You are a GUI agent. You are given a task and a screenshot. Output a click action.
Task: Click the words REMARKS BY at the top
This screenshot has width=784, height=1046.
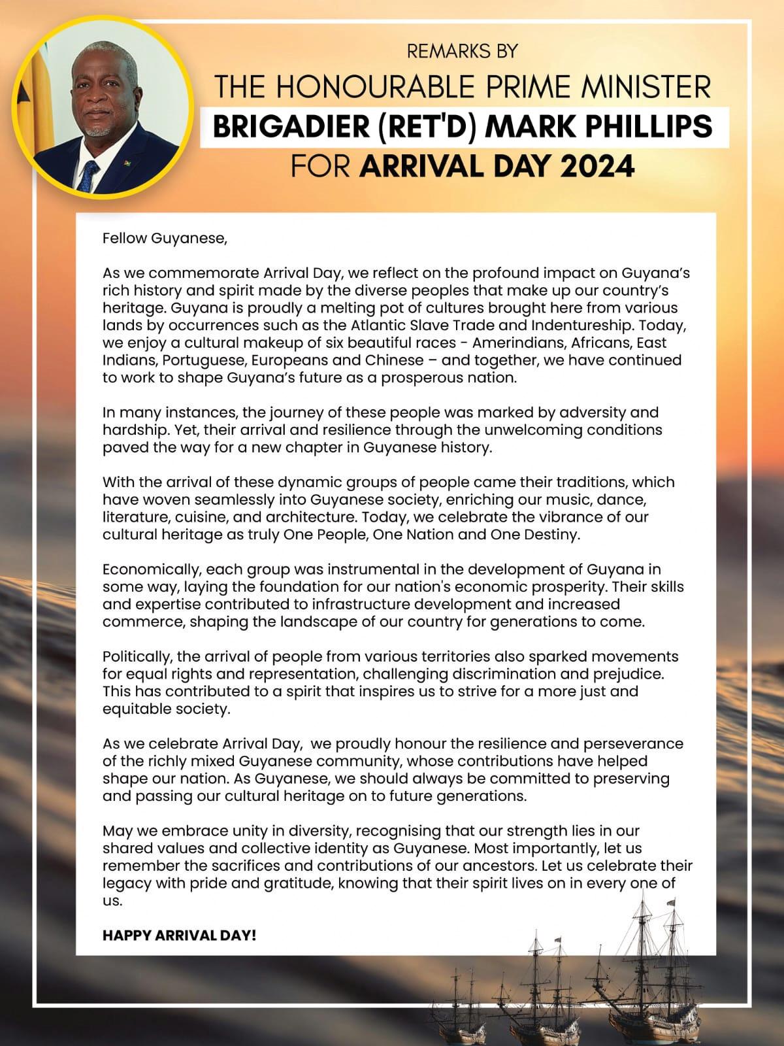(462, 51)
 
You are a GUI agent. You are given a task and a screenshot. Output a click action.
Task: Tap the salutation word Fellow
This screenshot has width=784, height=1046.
(125, 238)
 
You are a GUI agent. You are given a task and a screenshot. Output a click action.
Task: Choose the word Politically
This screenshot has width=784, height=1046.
(137, 656)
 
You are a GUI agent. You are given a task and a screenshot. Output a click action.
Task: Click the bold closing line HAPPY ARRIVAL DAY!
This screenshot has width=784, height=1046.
(180, 936)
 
